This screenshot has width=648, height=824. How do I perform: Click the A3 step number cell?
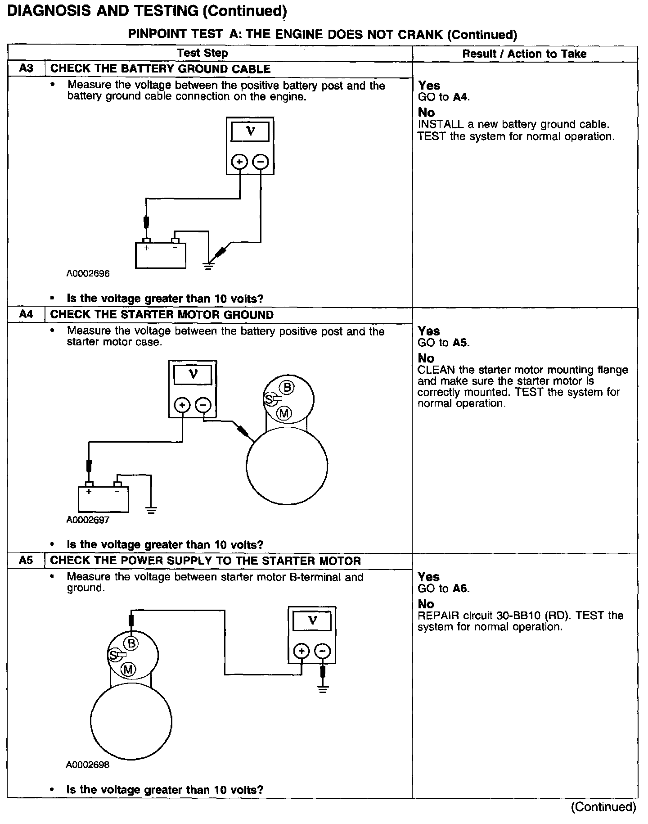coord(27,69)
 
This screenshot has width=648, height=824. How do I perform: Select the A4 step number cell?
coord(26,314)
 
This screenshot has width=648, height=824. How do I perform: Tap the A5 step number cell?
coord(26,561)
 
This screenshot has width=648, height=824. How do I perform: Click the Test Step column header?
coord(202,53)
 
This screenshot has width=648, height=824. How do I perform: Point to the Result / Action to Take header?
coord(524,54)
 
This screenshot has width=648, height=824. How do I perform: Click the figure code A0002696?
coord(88,273)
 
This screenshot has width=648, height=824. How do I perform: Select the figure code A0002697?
coord(88,520)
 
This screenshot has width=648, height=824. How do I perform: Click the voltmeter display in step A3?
coord(250,131)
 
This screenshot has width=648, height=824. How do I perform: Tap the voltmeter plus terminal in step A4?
coord(182,405)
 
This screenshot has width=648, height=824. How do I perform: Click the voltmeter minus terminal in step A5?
coord(322,651)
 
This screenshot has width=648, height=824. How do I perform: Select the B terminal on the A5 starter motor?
coord(131,643)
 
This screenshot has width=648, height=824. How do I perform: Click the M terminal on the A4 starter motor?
coord(284,413)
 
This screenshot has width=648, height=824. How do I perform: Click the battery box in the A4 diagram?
coord(103,499)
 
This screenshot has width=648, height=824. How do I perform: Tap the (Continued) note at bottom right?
coord(603,807)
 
